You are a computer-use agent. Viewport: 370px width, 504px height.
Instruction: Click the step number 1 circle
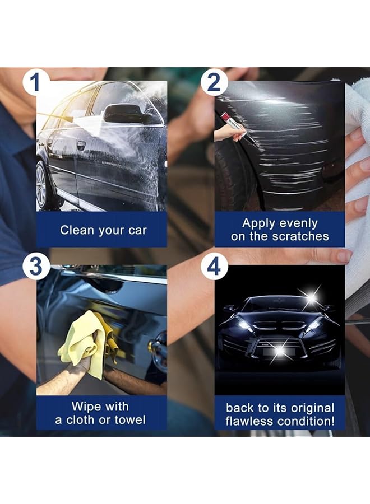35,82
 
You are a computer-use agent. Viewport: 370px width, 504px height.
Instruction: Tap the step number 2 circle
214,83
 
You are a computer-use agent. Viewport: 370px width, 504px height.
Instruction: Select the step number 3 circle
35,267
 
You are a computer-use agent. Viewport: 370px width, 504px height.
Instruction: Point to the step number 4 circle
214,267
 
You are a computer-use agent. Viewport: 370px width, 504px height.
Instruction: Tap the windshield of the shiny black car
275,306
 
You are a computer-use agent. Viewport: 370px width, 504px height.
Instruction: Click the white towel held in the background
357,168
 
